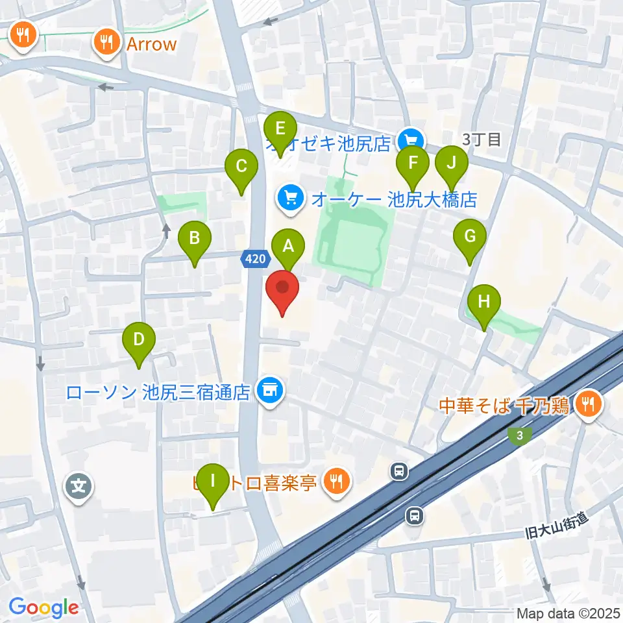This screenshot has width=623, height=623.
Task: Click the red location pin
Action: [282, 290]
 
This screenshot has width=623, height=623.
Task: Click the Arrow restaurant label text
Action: [152, 44]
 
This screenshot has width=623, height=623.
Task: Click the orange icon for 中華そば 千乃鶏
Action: [590, 406]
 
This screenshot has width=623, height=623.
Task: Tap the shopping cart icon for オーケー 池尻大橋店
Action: [290, 197]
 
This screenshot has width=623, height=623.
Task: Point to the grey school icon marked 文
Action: [79, 485]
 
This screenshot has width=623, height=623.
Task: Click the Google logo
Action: [43, 607]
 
